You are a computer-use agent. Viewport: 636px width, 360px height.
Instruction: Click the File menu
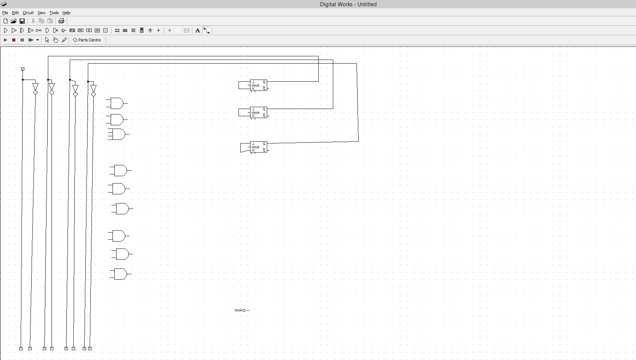(x=5, y=13)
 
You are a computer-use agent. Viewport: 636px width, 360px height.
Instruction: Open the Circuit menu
(x=28, y=13)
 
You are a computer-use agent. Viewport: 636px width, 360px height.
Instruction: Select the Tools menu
(x=54, y=13)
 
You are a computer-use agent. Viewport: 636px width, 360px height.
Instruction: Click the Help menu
(x=66, y=13)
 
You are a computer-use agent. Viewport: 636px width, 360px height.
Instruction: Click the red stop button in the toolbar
(x=14, y=40)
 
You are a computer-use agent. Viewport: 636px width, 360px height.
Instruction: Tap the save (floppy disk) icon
(x=22, y=21)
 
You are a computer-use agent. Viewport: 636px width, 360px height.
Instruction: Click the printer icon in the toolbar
(x=61, y=21)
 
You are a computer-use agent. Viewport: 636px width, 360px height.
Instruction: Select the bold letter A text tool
(x=197, y=31)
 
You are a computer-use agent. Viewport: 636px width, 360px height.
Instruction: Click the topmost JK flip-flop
(x=258, y=85)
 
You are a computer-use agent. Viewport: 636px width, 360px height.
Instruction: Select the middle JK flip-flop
(x=258, y=113)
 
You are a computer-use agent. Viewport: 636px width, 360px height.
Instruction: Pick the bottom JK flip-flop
(x=258, y=147)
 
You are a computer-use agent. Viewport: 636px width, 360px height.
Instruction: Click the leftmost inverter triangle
(x=35, y=87)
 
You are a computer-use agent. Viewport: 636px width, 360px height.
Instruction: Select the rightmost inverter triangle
(x=93, y=89)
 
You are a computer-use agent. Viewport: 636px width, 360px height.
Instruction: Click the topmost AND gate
(x=117, y=103)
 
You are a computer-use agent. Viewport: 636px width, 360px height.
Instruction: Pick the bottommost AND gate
(x=120, y=274)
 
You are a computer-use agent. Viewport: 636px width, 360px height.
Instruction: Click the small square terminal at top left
(x=23, y=69)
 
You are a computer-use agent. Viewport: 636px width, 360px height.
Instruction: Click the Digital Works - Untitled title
(x=348, y=4)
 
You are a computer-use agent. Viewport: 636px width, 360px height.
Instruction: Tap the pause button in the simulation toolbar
(x=22, y=40)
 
